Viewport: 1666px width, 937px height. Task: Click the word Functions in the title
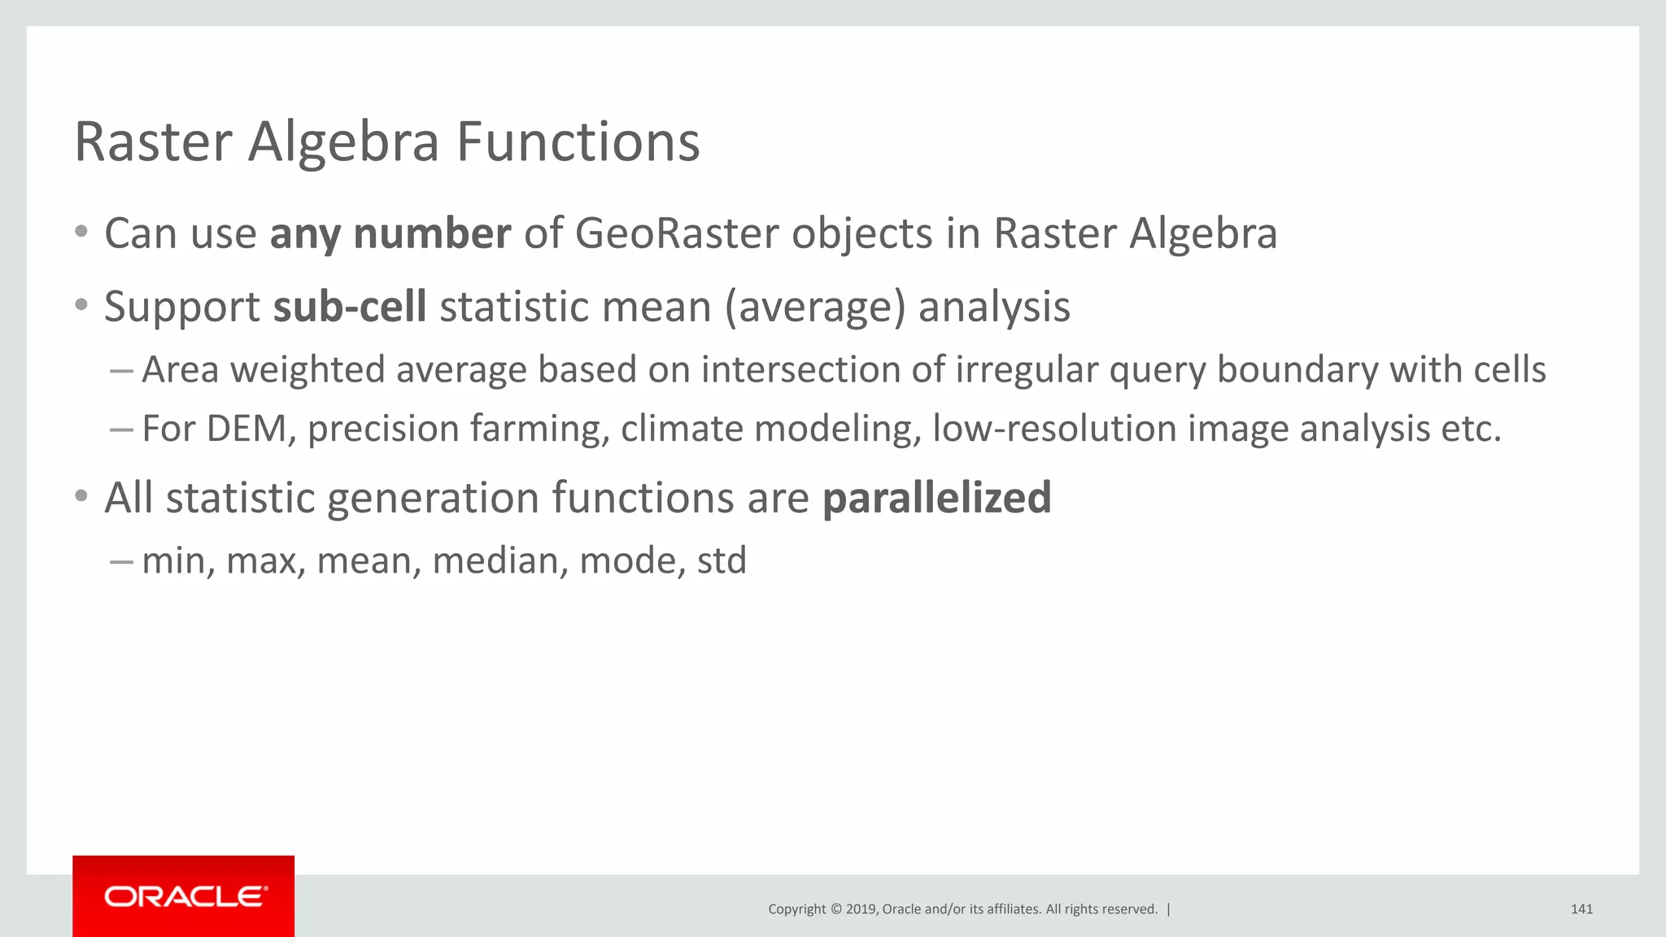[x=578, y=142]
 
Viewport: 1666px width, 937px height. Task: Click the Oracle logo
[x=184, y=896]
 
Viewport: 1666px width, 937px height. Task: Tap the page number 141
[x=1581, y=909]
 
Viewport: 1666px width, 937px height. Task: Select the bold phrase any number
[x=390, y=234]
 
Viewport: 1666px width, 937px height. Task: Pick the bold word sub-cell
[x=350, y=307]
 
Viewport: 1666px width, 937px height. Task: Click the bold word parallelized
[x=937, y=498]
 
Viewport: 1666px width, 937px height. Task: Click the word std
[x=722, y=561]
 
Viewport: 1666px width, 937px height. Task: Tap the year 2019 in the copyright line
[x=861, y=909]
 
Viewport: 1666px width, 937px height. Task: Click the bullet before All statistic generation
[x=81, y=495]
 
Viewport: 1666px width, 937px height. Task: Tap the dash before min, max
[x=121, y=561]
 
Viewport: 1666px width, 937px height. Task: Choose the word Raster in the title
[x=154, y=142]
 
